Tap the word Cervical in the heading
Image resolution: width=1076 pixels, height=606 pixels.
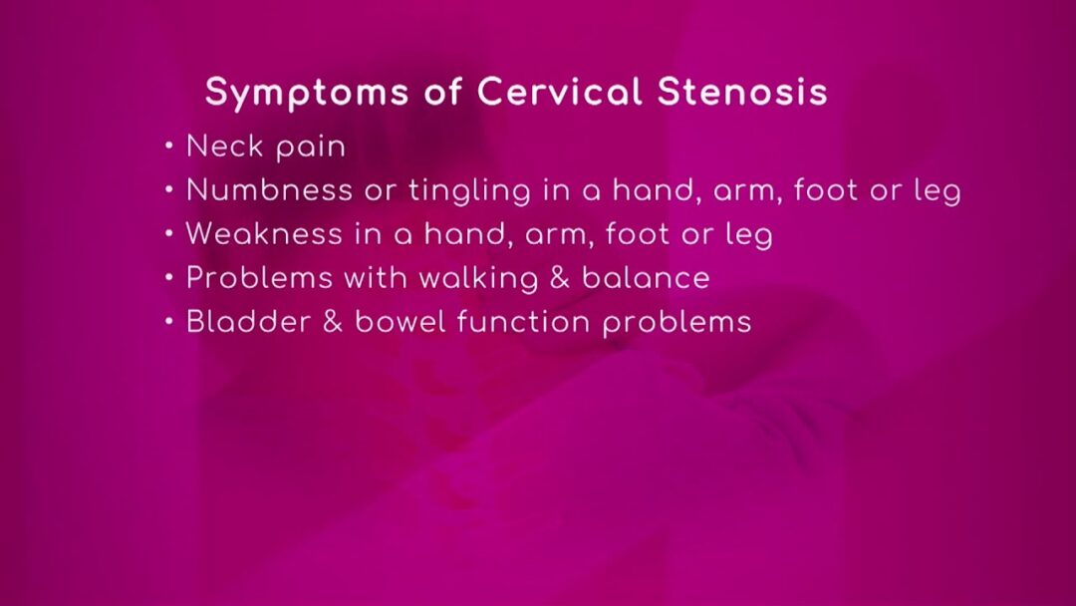(560, 92)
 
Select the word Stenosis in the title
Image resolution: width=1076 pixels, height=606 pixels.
(742, 92)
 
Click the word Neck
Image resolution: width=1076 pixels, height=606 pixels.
(225, 147)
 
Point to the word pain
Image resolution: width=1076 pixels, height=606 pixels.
(311, 149)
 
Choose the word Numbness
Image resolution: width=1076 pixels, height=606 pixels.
(270, 189)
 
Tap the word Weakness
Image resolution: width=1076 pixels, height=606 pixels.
(264, 233)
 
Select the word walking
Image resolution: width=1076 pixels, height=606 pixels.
(478, 279)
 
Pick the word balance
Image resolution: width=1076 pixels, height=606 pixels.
(646, 277)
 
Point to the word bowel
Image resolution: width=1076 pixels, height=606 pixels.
(401, 321)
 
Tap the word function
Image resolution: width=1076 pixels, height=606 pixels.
(523, 321)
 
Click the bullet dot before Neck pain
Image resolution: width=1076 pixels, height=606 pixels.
(169, 147)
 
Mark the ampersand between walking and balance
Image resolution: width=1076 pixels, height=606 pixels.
(560, 277)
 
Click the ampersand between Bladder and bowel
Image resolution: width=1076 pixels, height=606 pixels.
(333, 321)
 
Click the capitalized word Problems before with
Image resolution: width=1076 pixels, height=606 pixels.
(259, 277)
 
